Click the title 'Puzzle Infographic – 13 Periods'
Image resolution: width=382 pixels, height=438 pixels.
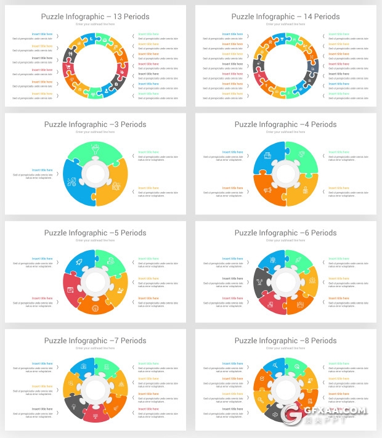click(x=95, y=17)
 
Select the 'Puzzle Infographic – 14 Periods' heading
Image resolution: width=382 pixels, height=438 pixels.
click(x=285, y=17)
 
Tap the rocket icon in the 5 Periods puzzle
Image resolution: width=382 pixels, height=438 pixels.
click(x=79, y=263)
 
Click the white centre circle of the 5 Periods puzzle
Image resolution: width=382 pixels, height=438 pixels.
click(x=95, y=282)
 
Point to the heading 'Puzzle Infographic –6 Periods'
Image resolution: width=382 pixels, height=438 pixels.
click(x=285, y=233)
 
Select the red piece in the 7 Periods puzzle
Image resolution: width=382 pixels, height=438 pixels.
click(x=95, y=414)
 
